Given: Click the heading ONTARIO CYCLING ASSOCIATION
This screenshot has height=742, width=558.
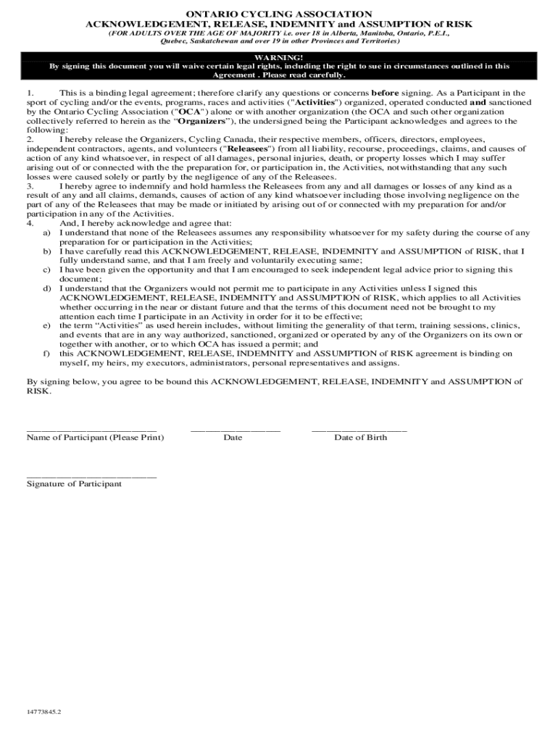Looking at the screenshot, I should [279, 14].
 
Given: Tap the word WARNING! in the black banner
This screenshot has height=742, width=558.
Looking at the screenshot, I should [279, 57].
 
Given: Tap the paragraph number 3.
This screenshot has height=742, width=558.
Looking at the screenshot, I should [30, 186].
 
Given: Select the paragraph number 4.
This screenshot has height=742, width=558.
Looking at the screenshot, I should [30, 224].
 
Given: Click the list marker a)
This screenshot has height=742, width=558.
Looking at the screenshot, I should [46, 233].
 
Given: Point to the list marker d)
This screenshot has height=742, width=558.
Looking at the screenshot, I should [46, 288].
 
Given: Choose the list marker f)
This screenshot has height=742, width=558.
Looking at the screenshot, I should [46, 354].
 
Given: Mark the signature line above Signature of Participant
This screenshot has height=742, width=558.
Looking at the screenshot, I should [91, 477].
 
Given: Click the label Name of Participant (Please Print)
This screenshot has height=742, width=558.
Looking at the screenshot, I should [95, 438].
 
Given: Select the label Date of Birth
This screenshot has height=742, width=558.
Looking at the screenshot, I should [360, 438].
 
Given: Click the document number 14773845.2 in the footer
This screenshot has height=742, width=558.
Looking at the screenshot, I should [44, 712].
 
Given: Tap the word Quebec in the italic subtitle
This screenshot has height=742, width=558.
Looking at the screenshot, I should [173, 42].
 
